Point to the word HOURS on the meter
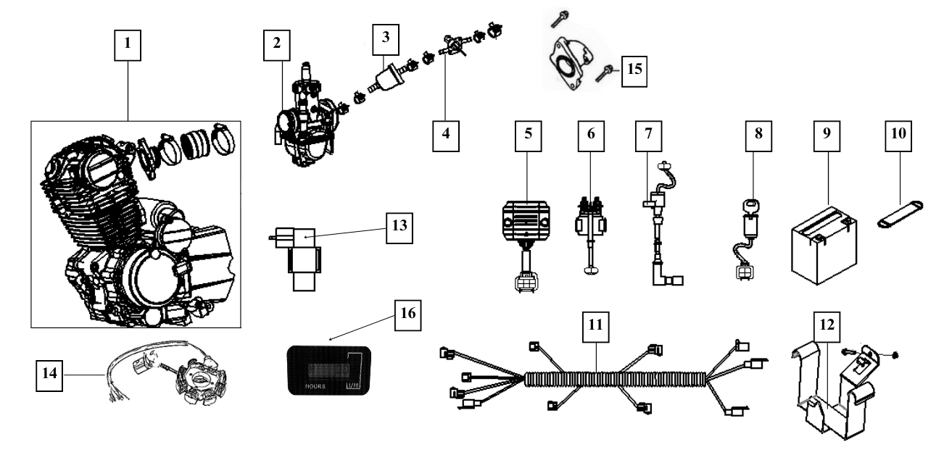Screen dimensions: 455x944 pyautogui.click(x=311, y=388)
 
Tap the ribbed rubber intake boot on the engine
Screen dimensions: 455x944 pyautogui.click(x=197, y=141)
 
